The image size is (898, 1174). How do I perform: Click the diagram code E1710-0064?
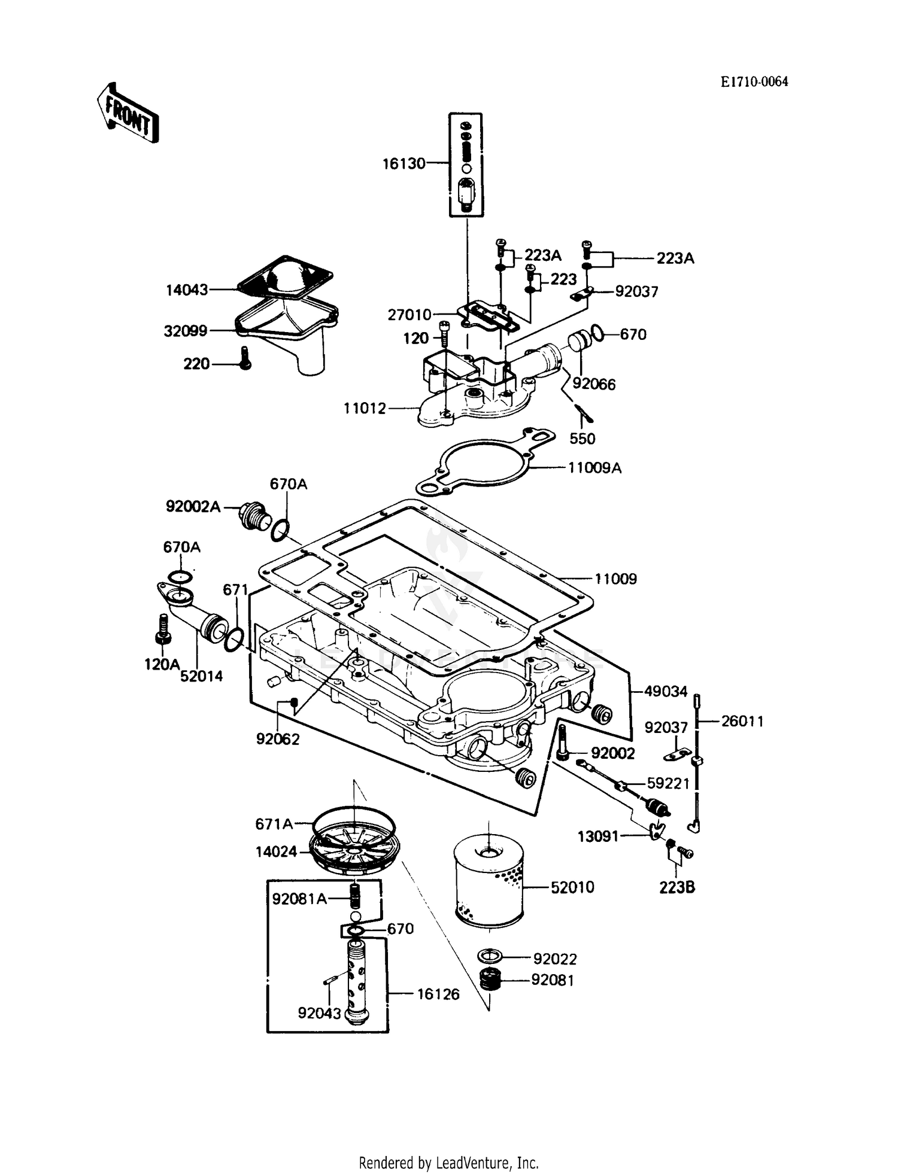[754, 82]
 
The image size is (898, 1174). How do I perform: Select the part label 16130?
[404, 163]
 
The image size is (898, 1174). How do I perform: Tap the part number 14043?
[187, 290]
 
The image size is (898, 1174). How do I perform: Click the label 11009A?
[594, 468]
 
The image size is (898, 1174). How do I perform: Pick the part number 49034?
[666, 692]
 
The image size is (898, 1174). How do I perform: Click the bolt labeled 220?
[244, 358]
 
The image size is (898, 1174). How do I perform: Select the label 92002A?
[193, 507]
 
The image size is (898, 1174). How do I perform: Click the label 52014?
[202, 676]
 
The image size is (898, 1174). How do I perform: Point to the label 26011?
[742, 722]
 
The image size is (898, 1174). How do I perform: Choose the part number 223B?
[677, 888]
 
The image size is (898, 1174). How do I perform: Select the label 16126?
[438, 994]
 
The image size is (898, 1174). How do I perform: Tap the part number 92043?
[319, 1013]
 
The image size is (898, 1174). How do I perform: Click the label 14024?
[276, 851]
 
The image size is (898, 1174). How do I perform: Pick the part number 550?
[582, 439]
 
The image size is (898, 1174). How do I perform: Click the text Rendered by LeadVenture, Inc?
[448, 1163]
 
